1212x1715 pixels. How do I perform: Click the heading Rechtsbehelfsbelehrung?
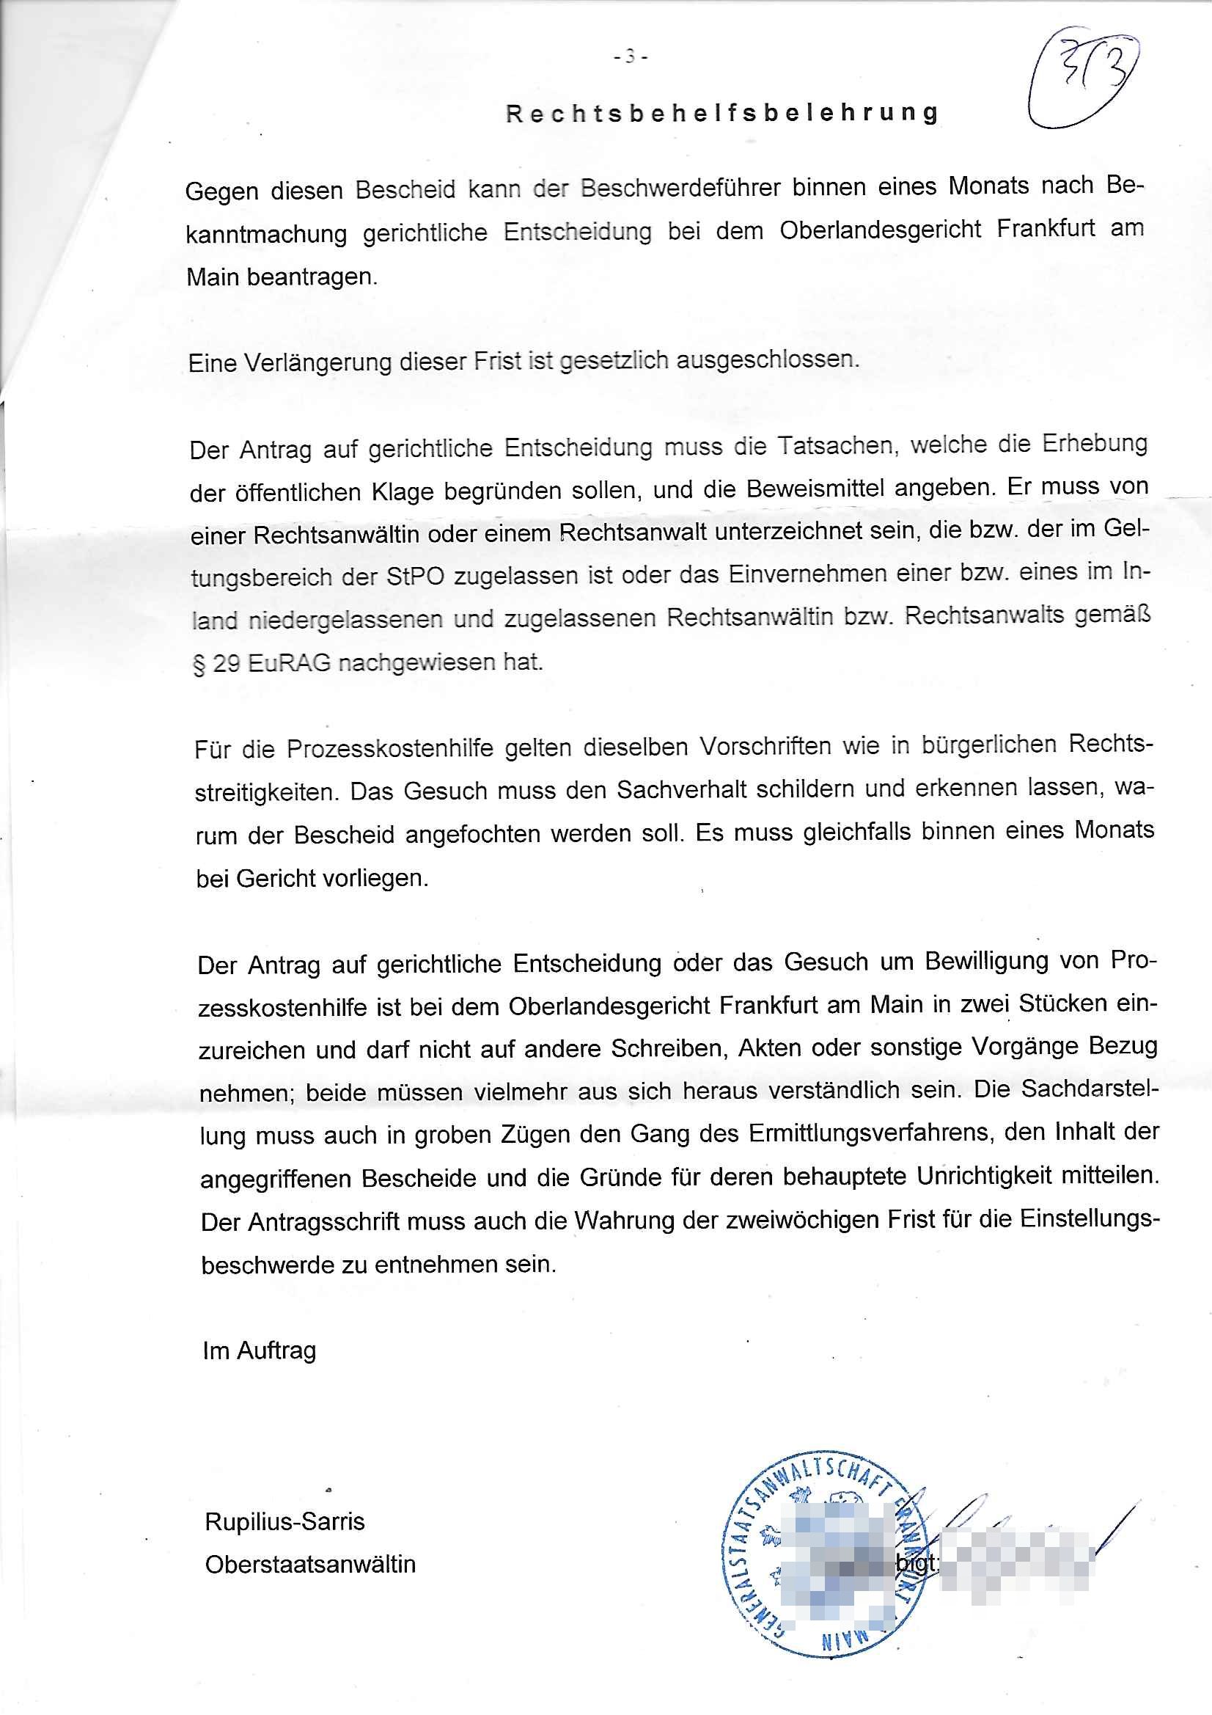pos(722,113)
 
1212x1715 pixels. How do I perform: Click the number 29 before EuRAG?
pos(227,664)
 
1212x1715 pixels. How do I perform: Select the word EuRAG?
pos(289,664)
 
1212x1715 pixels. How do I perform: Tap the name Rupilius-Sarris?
pos(284,1522)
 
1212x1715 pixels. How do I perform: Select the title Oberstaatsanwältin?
pos(310,1565)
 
